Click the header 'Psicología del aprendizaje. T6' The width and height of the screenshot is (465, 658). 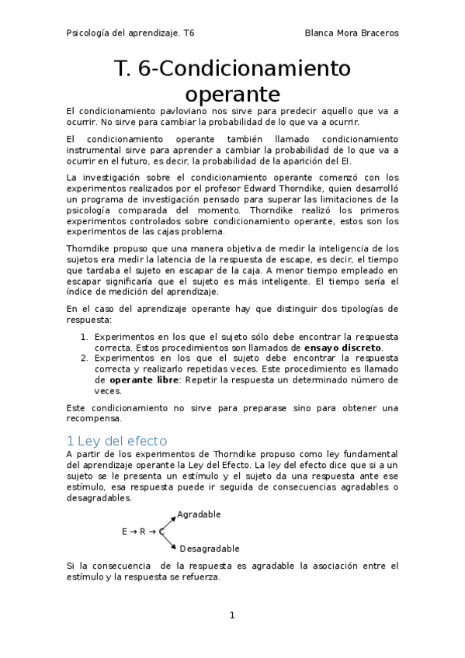point(130,34)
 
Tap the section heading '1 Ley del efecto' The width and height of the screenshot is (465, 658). point(122,440)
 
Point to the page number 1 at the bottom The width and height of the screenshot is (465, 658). point(232,615)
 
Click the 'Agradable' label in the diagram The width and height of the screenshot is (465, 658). point(199,514)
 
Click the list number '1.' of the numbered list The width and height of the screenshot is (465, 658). point(85,337)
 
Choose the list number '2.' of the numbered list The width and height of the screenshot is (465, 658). point(85,358)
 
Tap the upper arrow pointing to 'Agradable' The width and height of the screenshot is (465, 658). point(167,521)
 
